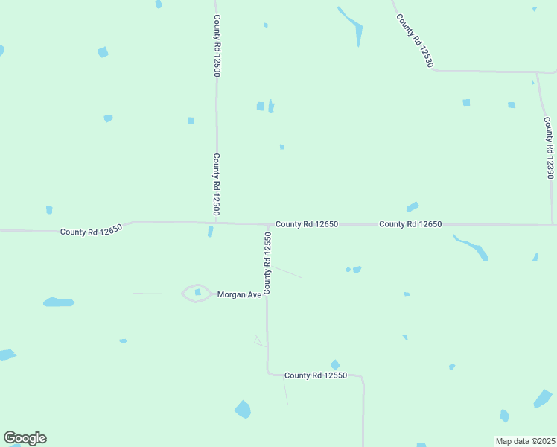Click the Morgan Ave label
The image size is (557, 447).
239,294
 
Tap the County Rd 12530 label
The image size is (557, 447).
415,41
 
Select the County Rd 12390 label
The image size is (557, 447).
549,148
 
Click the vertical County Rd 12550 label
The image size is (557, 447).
267,262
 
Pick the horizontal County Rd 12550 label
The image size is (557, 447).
316,375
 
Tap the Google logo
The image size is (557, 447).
25,438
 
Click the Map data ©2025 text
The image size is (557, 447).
526,441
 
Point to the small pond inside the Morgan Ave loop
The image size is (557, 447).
197,292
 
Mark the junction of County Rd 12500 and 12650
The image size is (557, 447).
217,222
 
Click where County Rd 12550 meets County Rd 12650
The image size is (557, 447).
268,224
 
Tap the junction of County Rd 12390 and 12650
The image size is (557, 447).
552,224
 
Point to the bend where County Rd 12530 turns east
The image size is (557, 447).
433,70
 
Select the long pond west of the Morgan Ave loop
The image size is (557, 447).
58,302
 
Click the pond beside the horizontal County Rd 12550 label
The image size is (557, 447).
335,364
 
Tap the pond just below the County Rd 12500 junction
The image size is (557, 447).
210,232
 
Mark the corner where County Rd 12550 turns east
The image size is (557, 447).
268,372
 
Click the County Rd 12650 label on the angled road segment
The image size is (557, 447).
91,230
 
